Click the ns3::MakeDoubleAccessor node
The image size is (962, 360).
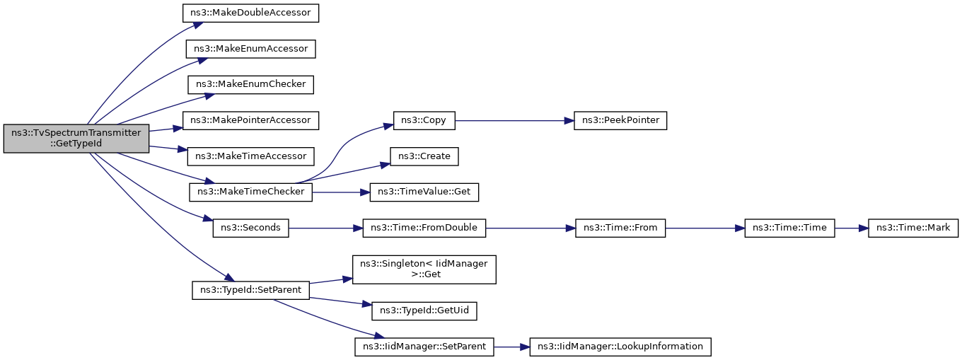coord(250,13)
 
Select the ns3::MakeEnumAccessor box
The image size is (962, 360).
coord(250,49)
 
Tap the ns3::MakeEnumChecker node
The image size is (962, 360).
coord(250,85)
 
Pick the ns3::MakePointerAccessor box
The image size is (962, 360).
coord(250,121)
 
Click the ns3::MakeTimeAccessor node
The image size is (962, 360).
coord(250,156)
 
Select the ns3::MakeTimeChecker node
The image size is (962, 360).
coord(250,192)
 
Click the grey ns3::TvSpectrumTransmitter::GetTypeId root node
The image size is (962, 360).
coord(76,139)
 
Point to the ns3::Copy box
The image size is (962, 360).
coord(424,121)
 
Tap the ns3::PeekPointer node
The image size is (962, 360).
coord(620,121)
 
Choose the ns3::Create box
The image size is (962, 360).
coord(424,156)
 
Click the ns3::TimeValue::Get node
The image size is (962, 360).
coord(424,192)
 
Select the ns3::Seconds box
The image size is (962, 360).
coord(250,228)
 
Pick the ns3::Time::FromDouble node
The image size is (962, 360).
coord(424,228)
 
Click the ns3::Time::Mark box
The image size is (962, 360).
coord(913,228)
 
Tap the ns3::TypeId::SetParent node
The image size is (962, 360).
coord(250,291)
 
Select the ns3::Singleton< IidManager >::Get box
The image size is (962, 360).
coord(424,269)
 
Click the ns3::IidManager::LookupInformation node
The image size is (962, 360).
coord(620,347)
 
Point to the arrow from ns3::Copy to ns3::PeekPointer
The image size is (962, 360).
coord(514,121)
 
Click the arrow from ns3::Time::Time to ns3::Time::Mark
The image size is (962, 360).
coord(852,228)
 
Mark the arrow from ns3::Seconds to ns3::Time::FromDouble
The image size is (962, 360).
coord(325,228)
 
